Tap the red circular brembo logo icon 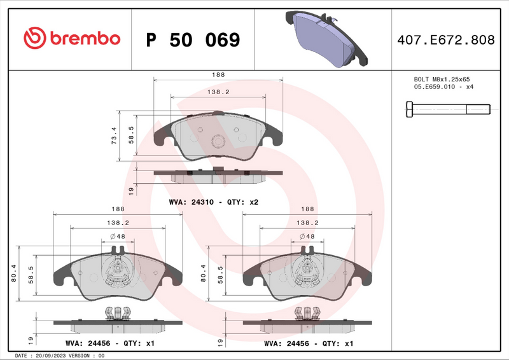point(34,39)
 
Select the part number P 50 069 point(193,40)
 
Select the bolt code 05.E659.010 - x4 point(443,87)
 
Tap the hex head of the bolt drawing point(409,109)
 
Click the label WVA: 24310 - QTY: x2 point(213,202)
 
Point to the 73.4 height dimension point(114,135)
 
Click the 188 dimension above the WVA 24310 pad point(218,74)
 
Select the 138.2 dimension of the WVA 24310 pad point(218,92)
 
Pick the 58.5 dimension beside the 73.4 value point(131,135)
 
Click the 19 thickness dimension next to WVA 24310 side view point(131,190)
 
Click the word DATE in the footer point(19,356)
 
